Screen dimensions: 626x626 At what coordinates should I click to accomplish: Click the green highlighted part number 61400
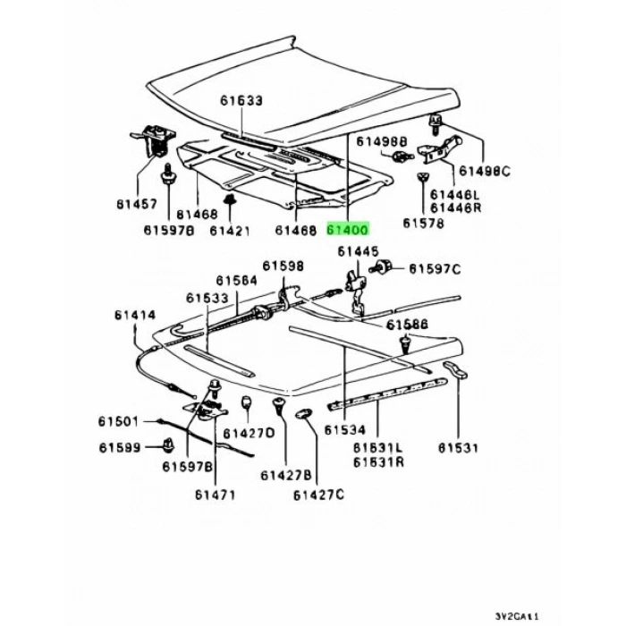pyautogui.click(x=348, y=230)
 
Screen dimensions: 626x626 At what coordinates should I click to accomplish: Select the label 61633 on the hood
pyautogui.click(x=241, y=100)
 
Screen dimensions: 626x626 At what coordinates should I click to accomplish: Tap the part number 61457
pyautogui.click(x=137, y=205)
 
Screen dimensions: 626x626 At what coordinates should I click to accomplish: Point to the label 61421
pyautogui.click(x=230, y=231)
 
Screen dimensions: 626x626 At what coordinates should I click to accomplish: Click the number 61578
pyautogui.click(x=423, y=223)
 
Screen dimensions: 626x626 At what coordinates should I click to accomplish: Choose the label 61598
pyautogui.click(x=283, y=266)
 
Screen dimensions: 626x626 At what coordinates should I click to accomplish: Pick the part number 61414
pyautogui.click(x=135, y=315)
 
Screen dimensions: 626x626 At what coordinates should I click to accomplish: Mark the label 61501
pyautogui.click(x=119, y=421)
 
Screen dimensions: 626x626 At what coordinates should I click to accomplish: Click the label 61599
pyautogui.click(x=120, y=447)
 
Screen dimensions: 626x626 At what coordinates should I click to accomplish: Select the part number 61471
pyautogui.click(x=216, y=495)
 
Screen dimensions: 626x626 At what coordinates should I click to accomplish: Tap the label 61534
pyautogui.click(x=345, y=429)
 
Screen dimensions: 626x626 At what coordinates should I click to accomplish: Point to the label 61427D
pyautogui.click(x=250, y=433)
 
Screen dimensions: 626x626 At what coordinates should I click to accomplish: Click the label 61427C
pyautogui.click(x=318, y=495)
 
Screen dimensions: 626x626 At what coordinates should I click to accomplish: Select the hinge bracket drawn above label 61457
pyautogui.click(x=154, y=140)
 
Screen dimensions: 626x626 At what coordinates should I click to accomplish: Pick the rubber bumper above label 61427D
pyautogui.click(x=247, y=402)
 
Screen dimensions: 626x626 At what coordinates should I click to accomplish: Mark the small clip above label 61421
pyautogui.click(x=230, y=199)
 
